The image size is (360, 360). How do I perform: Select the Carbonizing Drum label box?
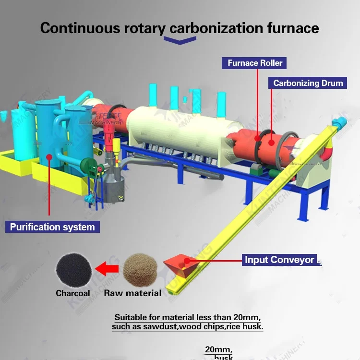click(x=308, y=83)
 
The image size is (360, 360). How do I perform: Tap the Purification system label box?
click(x=52, y=227)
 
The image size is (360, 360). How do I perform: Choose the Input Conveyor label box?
click(x=279, y=260)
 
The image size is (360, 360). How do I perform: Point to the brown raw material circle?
click(x=140, y=269)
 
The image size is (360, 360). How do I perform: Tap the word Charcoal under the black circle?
click(x=72, y=293)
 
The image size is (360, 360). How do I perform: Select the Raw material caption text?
click(x=132, y=293)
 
